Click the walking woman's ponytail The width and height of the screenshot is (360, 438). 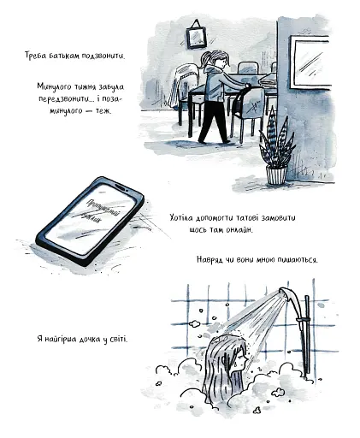210,57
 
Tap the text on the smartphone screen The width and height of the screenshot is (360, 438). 94,215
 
